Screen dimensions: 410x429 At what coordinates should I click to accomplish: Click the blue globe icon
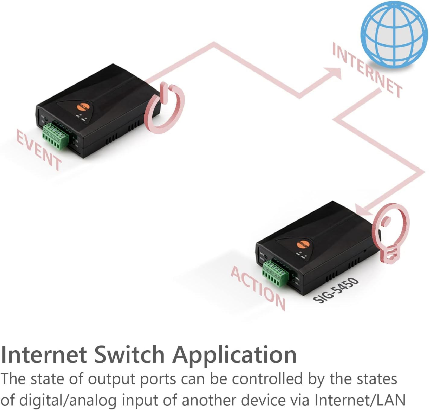(394, 34)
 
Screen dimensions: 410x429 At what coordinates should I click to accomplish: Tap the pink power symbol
(164, 109)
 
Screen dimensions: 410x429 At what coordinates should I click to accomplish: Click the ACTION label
(258, 288)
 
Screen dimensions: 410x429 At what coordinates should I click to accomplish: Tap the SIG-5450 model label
(336, 290)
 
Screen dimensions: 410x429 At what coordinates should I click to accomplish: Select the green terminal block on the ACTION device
(275, 273)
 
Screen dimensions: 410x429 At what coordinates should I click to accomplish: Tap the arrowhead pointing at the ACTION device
(362, 210)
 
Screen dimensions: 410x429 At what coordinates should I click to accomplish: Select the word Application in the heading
(234, 355)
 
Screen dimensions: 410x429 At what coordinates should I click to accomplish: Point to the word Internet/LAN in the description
(360, 400)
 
